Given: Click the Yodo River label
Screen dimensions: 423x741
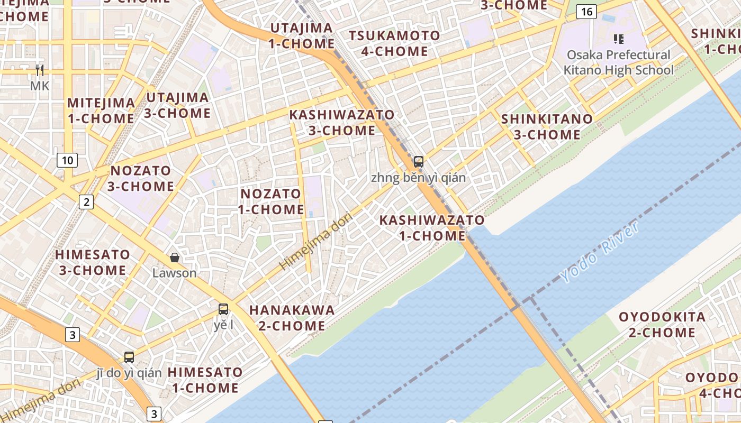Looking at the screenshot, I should coord(600,252).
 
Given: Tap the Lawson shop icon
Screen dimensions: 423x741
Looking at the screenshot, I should coord(175,258).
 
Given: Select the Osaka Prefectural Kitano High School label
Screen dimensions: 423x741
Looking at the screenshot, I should coord(619,62).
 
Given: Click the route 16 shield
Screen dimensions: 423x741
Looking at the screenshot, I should coord(586,12).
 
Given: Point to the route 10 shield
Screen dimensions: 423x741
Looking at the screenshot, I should coord(67,160).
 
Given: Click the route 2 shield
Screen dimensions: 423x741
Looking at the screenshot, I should coord(86,201).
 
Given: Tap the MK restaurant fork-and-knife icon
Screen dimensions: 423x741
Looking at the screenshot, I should coord(40,70).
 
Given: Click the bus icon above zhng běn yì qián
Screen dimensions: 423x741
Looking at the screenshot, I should coord(419,162).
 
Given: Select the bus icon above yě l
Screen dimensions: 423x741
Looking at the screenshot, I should coord(223,309).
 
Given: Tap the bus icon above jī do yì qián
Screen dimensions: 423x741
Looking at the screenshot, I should coord(129,357).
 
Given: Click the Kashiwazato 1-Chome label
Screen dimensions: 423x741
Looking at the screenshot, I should coord(432,228).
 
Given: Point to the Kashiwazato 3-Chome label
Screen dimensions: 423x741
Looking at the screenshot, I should coord(341,123).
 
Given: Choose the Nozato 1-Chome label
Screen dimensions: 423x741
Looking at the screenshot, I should coord(271,201).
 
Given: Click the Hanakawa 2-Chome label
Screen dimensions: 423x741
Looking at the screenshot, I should coord(292,318).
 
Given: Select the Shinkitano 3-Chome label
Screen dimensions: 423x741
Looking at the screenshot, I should coord(547,127).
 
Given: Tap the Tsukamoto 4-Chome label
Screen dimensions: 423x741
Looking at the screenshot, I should coord(394,44).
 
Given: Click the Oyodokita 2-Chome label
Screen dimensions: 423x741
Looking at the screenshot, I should coord(662,325).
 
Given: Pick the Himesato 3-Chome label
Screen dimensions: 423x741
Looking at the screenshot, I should coord(93,262).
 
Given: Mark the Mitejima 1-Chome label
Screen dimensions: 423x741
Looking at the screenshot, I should coord(101,111).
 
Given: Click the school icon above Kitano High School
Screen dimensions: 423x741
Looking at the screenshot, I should coord(618,39).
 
